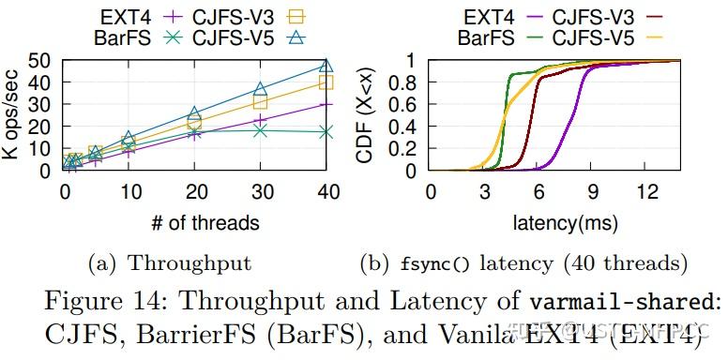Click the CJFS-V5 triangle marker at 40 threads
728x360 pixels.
tap(326, 66)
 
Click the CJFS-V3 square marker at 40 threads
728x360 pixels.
tap(326, 82)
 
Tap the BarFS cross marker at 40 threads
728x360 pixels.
tap(326, 132)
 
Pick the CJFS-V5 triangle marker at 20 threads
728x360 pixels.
tap(194, 114)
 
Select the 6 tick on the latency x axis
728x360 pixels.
tap(538, 191)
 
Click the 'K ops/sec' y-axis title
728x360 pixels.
tap(12, 115)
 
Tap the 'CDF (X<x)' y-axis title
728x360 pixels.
tap(368, 115)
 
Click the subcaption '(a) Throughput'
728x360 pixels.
tap(170, 263)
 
